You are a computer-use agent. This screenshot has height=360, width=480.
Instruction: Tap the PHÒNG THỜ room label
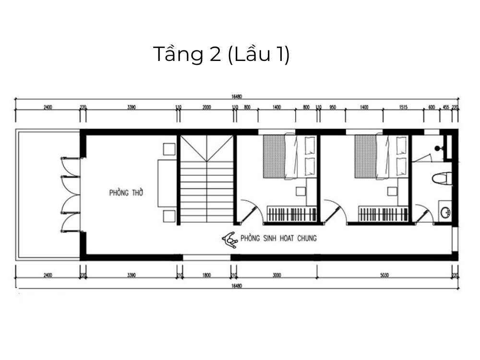click(x=126, y=193)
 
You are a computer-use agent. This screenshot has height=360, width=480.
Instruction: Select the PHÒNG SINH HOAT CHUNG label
click(x=278, y=238)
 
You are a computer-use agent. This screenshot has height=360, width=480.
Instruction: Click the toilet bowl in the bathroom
click(x=441, y=179)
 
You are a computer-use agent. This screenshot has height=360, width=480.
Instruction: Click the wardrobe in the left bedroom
click(x=291, y=213)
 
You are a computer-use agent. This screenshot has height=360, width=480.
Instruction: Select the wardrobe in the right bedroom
click(x=384, y=213)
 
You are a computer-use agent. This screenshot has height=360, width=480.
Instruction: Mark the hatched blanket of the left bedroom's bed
click(x=274, y=156)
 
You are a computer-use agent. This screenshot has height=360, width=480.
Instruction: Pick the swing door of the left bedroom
click(x=250, y=212)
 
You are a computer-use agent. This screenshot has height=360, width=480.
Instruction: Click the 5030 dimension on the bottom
click(x=384, y=275)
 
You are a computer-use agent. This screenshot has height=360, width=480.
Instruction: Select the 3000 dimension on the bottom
click(x=276, y=275)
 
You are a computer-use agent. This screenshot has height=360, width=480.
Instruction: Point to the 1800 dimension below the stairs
click(x=206, y=275)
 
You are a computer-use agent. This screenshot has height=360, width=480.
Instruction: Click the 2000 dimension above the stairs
click(x=206, y=108)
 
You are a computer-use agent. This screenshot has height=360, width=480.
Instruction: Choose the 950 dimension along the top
click(x=332, y=108)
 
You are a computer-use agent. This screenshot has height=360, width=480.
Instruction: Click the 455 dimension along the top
click(x=445, y=108)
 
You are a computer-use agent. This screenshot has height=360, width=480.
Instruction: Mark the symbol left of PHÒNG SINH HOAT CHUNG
click(x=230, y=239)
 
